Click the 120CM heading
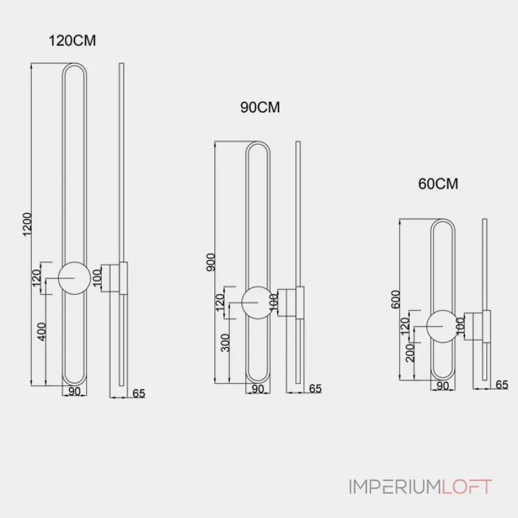[x=73, y=41]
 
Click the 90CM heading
[x=260, y=107]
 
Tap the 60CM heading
[x=438, y=184]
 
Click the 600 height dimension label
[x=396, y=299]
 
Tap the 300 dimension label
[x=225, y=343]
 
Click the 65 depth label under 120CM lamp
[x=139, y=392]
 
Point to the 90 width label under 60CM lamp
[x=444, y=385]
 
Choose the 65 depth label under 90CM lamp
[x=315, y=388]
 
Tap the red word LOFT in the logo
[x=467, y=487]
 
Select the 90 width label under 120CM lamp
[x=74, y=391]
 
